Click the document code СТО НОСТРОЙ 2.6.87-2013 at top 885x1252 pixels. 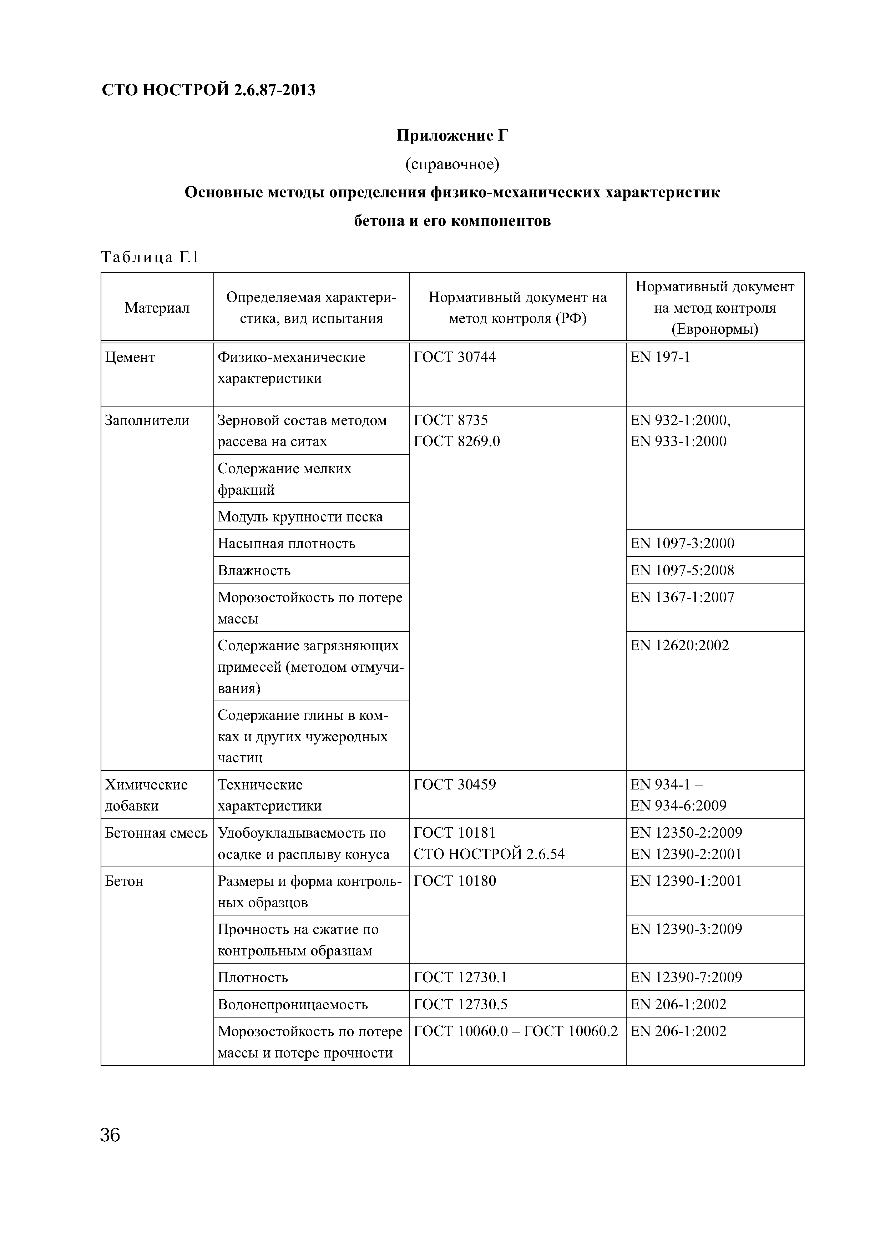click(x=208, y=90)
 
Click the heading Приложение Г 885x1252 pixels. click(x=452, y=135)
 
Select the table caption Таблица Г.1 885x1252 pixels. click(x=150, y=257)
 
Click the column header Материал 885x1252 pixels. click(x=157, y=308)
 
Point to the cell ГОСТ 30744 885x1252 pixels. click(x=455, y=357)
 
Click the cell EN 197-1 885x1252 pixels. click(x=660, y=357)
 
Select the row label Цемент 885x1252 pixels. click(x=130, y=357)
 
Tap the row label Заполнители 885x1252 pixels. click(x=147, y=420)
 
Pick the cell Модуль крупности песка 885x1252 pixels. click(x=300, y=516)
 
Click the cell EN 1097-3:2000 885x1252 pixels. click(x=682, y=543)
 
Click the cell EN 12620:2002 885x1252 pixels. click(x=679, y=646)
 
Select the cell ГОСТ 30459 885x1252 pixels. click(x=455, y=785)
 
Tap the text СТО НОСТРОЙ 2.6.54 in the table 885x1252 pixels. click(x=489, y=854)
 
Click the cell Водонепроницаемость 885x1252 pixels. click(x=293, y=1004)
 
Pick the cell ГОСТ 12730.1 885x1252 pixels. click(x=460, y=977)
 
